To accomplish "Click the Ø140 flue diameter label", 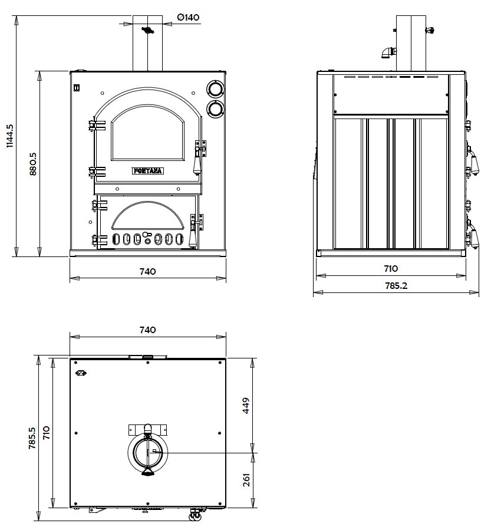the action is point(188,17).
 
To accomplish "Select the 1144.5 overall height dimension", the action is point(10,136).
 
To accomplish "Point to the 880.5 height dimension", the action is point(33,163).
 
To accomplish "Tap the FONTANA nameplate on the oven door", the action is point(148,171).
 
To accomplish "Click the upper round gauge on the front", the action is point(215,88).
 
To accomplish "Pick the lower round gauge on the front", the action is point(215,108).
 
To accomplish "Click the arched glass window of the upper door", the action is point(148,134).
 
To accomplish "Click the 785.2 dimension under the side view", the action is point(396,286).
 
